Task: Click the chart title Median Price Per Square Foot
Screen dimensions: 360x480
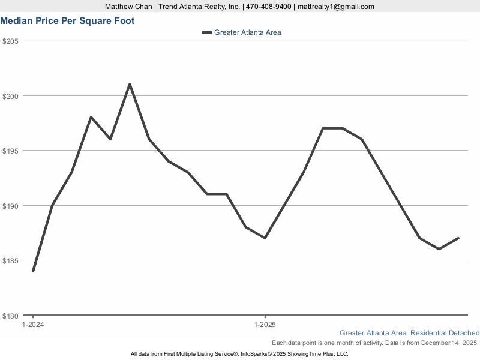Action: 67,21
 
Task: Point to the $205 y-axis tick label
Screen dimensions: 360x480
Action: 11,41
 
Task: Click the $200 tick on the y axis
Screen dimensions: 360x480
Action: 11,96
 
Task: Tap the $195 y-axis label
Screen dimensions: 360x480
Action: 11,151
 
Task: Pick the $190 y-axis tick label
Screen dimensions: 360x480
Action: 11,206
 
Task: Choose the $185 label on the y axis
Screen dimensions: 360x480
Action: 11,260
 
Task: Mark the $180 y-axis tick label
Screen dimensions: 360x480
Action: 11,316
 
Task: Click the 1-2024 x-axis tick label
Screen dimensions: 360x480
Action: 33,325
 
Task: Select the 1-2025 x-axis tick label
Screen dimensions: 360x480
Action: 265,325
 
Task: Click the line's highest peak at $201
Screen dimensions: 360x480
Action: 130,84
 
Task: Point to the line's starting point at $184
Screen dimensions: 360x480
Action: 33,271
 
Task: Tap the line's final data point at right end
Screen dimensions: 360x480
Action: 458,238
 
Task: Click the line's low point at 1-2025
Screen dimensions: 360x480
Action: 265,238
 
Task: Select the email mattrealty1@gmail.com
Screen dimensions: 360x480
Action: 336,7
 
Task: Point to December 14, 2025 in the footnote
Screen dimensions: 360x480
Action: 447,343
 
